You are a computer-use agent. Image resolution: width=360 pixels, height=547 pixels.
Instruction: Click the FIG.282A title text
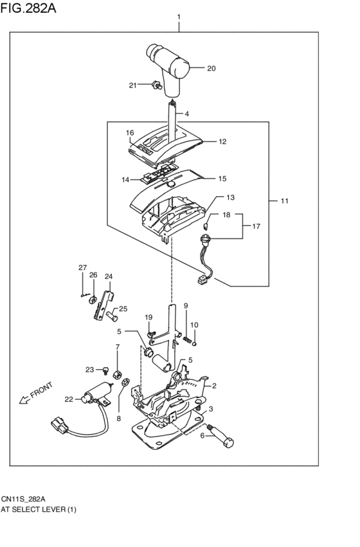click(x=28, y=8)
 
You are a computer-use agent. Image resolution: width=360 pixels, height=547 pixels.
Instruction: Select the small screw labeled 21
click(x=157, y=85)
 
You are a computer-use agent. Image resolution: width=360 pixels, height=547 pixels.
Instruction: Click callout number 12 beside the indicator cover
click(x=222, y=141)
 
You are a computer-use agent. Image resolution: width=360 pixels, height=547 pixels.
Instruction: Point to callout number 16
click(x=130, y=133)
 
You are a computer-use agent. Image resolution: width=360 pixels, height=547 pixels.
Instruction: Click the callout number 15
click(x=222, y=179)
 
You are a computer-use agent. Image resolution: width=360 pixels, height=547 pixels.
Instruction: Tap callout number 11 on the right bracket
click(x=284, y=201)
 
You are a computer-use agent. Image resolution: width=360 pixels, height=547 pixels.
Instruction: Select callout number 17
click(x=256, y=226)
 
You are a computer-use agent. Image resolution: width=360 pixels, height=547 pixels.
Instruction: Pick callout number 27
click(x=82, y=268)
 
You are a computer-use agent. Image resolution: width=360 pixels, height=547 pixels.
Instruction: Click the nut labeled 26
click(x=93, y=300)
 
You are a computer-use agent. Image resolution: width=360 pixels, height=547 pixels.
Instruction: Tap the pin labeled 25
click(x=112, y=316)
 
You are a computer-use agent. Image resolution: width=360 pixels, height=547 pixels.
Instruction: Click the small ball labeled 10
click(x=195, y=344)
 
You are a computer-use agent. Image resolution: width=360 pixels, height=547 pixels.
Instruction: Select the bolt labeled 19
click(x=151, y=334)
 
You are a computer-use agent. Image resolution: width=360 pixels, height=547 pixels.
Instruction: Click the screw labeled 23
click(x=105, y=370)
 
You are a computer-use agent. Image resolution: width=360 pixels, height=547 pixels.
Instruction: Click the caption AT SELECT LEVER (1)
click(x=39, y=509)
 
